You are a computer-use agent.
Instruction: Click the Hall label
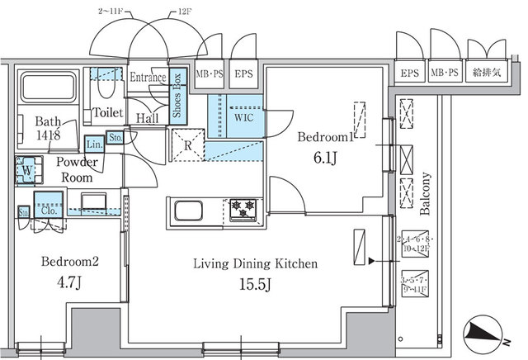pyautogui.click(x=148, y=118)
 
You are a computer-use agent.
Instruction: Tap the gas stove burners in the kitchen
pyautogui.click(x=243, y=209)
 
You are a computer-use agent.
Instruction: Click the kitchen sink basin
pyautogui.click(x=186, y=210)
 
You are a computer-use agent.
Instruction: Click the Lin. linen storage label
pyautogui.click(x=94, y=142)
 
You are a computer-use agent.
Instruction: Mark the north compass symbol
pyautogui.click(x=484, y=332)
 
